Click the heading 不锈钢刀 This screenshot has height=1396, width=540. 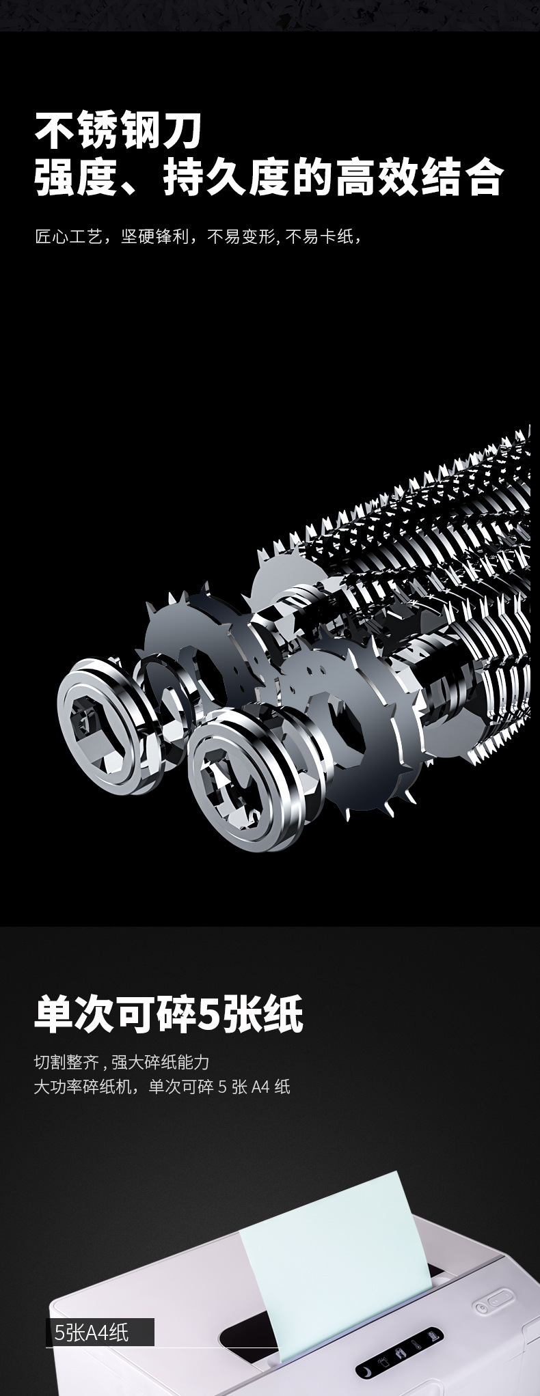click(x=119, y=132)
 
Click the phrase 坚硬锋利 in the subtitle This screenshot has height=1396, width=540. click(x=154, y=237)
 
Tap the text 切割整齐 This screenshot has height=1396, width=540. click(x=67, y=1062)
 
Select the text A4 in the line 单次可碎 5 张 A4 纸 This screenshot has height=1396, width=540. click(x=260, y=1087)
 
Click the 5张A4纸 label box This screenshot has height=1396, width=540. click(x=100, y=1332)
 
